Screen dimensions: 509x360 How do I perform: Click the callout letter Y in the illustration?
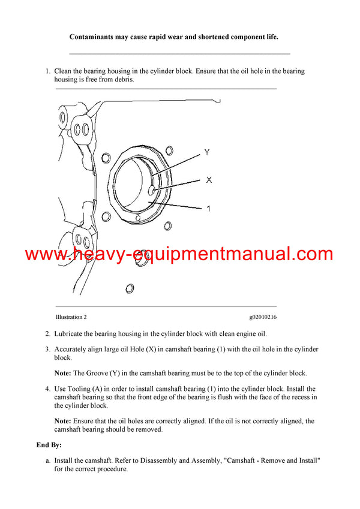(x=207, y=152)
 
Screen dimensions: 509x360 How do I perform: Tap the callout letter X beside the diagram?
(x=209, y=179)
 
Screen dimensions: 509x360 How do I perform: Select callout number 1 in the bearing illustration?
(x=208, y=209)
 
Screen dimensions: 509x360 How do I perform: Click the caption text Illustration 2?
(x=71, y=317)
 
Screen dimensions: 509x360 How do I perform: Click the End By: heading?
(x=49, y=445)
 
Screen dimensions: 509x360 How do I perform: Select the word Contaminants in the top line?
(x=93, y=37)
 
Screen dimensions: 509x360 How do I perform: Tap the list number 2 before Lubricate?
(x=47, y=334)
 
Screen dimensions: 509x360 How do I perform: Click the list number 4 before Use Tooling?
(x=47, y=389)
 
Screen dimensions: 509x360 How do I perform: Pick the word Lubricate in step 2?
(x=71, y=334)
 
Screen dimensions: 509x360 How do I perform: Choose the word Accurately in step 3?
(x=73, y=350)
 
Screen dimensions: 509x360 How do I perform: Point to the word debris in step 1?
(x=122, y=79)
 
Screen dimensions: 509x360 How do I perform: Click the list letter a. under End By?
(x=47, y=460)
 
